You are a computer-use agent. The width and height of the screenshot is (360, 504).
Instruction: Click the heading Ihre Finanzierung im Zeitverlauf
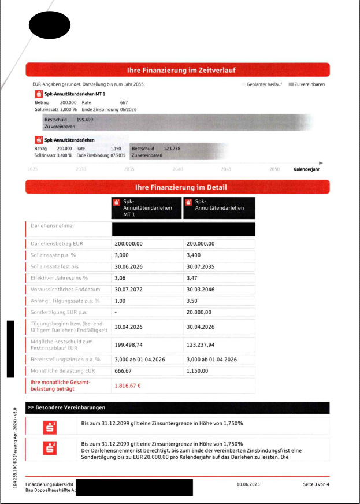[177, 71]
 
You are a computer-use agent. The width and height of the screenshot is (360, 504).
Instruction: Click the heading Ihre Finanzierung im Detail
[177, 187]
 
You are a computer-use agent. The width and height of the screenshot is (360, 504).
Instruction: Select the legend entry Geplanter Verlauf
[264, 84]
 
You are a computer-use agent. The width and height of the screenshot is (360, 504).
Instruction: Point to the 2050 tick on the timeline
[274, 169]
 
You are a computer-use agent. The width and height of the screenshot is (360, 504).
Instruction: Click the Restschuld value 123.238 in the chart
[172, 149]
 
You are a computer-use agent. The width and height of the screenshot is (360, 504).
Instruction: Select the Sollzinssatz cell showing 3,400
[195, 255]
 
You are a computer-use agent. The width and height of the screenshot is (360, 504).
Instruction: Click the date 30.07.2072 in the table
[128, 289]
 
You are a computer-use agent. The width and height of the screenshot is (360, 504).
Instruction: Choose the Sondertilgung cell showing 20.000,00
[201, 312]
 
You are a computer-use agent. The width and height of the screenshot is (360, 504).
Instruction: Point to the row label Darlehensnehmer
[53, 226]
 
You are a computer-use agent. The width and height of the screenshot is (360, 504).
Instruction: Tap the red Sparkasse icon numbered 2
[51, 447]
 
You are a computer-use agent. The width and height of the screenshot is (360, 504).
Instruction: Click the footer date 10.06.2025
[250, 483]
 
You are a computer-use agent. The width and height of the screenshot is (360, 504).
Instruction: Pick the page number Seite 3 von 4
[316, 483]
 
